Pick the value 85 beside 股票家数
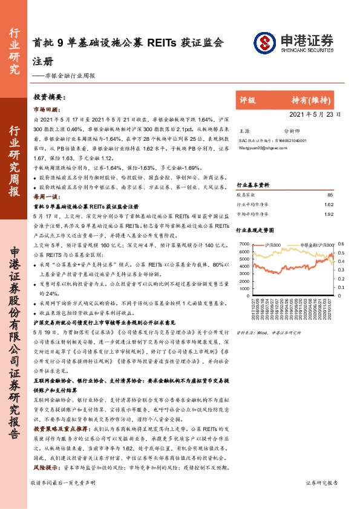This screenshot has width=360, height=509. (330, 195)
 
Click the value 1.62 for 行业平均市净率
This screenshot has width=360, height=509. (329, 204)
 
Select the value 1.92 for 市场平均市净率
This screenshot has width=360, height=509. (329, 213)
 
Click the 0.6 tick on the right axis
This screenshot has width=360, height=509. (341, 244)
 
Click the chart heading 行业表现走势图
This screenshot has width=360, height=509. (255, 230)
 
